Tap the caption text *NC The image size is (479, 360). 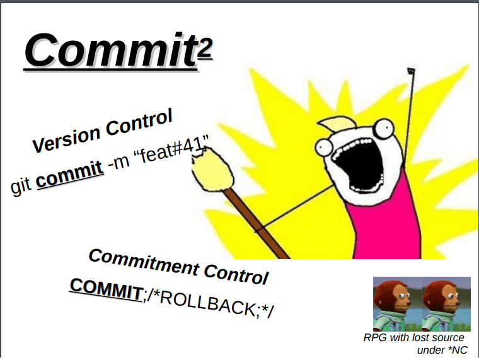(x=456, y=349)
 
